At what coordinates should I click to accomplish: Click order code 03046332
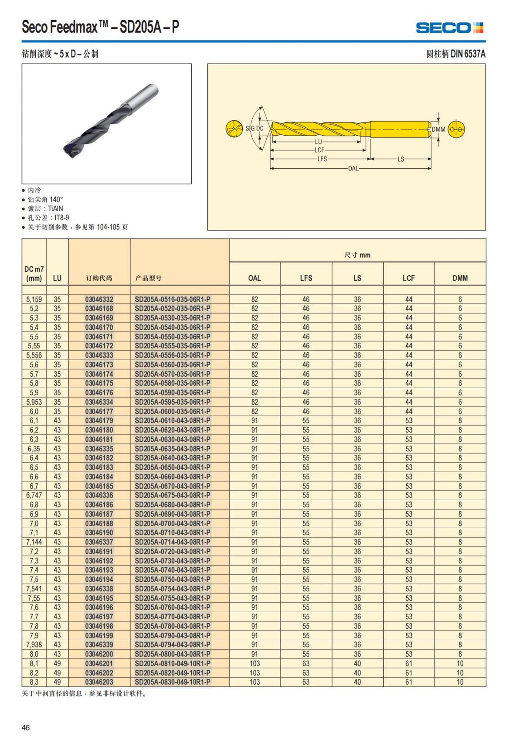coord(99,299)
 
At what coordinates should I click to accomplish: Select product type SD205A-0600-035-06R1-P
coord(173,411)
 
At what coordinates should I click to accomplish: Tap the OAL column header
coord(255,278)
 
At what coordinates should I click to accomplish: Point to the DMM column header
coord(460,278)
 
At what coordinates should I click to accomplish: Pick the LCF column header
coord(408,278)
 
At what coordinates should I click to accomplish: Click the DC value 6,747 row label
coord(34,495)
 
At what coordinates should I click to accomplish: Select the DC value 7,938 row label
coord(34,645)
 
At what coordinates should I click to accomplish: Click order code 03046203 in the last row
coord(99,682)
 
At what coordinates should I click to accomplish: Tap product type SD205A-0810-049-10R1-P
coord(173,663)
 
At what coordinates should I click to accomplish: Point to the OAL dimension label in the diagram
coord(353,168)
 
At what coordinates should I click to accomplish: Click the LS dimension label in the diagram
coord(401,159)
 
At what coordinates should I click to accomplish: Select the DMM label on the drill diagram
coord(438,130)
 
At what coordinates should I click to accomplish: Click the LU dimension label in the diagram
coord(318,142)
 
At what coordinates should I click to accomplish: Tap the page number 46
coord(26,727)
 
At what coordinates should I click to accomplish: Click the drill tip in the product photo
coord(70,151)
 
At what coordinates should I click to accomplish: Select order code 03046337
coord(99,542)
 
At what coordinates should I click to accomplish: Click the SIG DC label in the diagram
coord(255,129)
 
